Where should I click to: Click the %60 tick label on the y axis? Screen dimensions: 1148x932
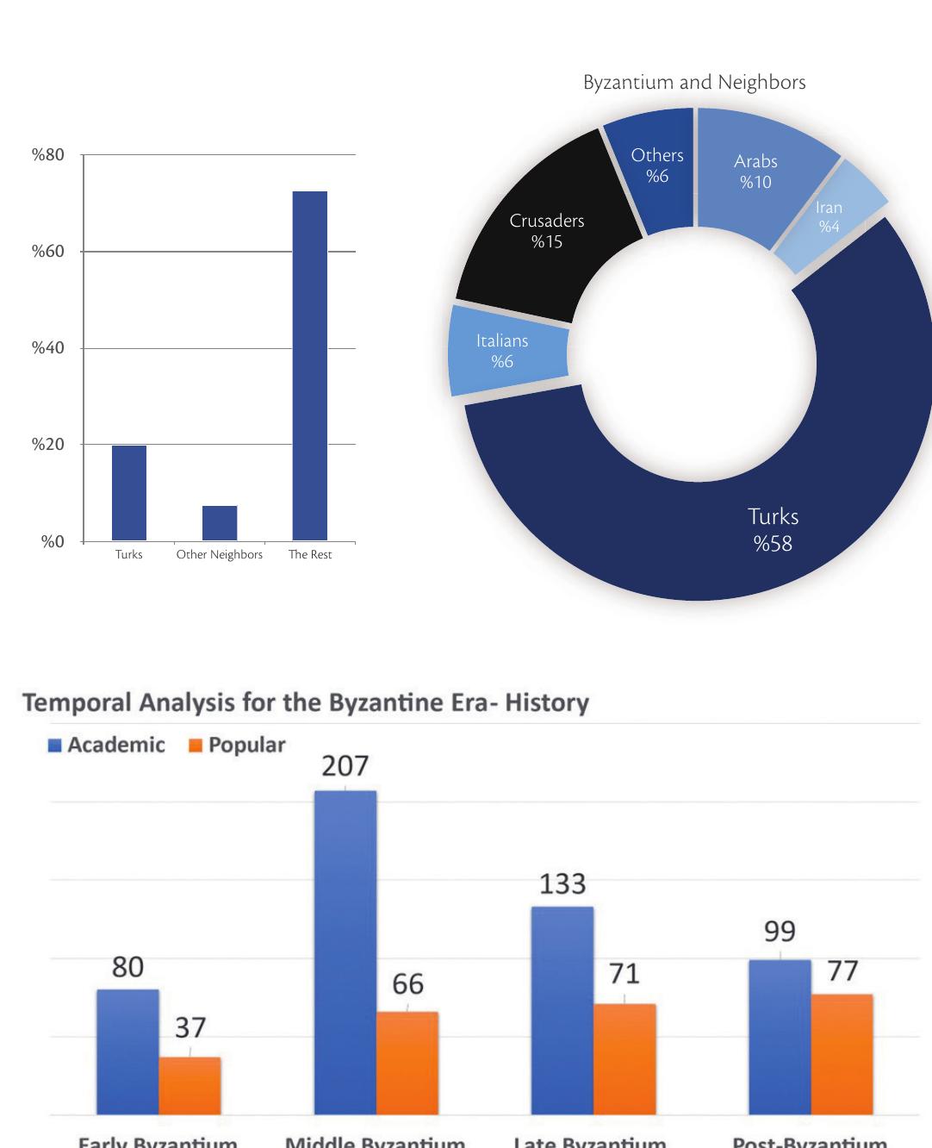(48, 252)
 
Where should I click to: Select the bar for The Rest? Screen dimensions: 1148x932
(309, 366)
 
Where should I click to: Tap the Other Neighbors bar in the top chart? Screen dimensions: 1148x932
(220, 523)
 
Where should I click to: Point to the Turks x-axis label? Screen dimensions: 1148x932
(129, 554)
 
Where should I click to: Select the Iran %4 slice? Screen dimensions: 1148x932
(829, 217)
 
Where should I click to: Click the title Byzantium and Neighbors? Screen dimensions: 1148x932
(694, 83)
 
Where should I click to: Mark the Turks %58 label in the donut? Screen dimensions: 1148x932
(773, 529)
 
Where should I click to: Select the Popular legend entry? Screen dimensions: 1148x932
(237, 745)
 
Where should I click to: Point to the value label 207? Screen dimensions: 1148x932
(345, 765)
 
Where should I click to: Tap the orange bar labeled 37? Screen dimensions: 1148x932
(190, 1085)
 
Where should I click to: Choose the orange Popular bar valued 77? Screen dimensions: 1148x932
(842, 1054)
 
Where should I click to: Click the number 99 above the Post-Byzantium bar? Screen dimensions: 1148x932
(780, 932)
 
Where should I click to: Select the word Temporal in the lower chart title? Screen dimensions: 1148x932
(69, 702)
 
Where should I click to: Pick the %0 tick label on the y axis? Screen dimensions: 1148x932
(53, 542)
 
